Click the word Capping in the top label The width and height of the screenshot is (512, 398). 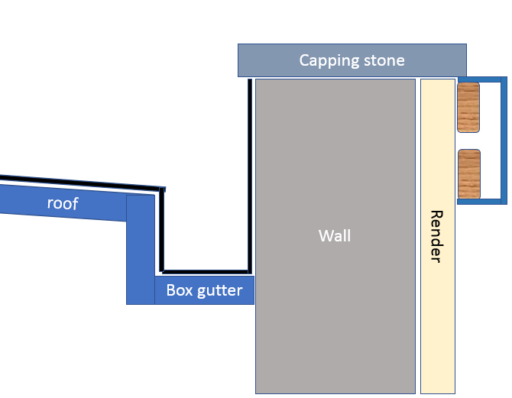pos(325,60)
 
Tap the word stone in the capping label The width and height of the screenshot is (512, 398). pos(379,60)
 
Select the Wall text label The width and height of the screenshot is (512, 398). pos(335,235)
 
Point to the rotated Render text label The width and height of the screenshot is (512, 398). pos(436,236)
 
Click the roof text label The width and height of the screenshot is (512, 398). pos(63,203)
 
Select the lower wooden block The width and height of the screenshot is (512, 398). pos(468,174)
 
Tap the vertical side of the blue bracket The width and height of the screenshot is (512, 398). pos(503,141)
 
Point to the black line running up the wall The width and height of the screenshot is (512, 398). pos(250,176)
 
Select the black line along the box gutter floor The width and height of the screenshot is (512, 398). pos(206,271)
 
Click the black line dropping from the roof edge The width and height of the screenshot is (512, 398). pos(161,229)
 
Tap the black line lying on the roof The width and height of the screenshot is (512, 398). pos(76,182)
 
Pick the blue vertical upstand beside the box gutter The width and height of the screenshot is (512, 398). pos(141,248)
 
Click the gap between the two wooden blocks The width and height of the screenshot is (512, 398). pos(468,141)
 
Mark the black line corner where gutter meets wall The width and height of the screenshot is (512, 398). pos(249,270)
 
